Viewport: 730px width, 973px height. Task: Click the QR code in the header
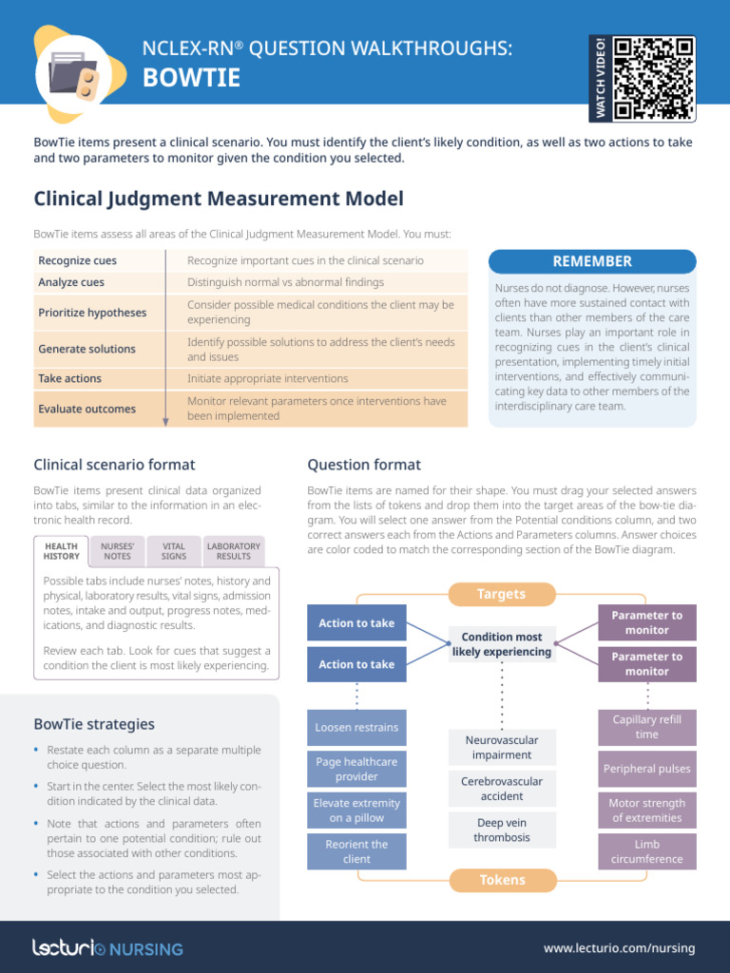tap(654, 78)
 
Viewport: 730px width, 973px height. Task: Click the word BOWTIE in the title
tap(191, 79)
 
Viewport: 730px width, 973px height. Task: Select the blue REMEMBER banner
tap(591, 261)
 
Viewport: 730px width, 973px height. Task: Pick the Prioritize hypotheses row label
tap(92, 313)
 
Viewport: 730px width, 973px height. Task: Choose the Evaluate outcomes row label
tap(86, 409)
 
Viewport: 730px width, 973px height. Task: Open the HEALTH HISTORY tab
tap(62, 551)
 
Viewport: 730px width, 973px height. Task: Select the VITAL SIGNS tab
tap(174, 551)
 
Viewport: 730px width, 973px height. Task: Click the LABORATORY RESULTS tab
tap(234, 551)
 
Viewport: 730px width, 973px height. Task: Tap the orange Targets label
tap(501, 594)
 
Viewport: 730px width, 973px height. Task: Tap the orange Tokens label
tap(502, 880)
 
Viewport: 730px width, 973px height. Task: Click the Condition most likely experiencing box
tap(502, 644)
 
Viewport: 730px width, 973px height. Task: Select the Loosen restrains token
tap(356, 728)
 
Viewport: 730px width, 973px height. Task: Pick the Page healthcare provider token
tap(356, 769)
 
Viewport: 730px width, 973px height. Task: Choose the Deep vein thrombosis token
tap(502, 830)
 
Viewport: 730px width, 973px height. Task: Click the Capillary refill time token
tap(646, 727)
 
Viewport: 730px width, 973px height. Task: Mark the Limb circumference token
tap(646, 851)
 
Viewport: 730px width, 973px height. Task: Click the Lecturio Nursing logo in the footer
tap(107, 948)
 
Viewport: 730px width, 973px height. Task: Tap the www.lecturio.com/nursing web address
tap(619, 948)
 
